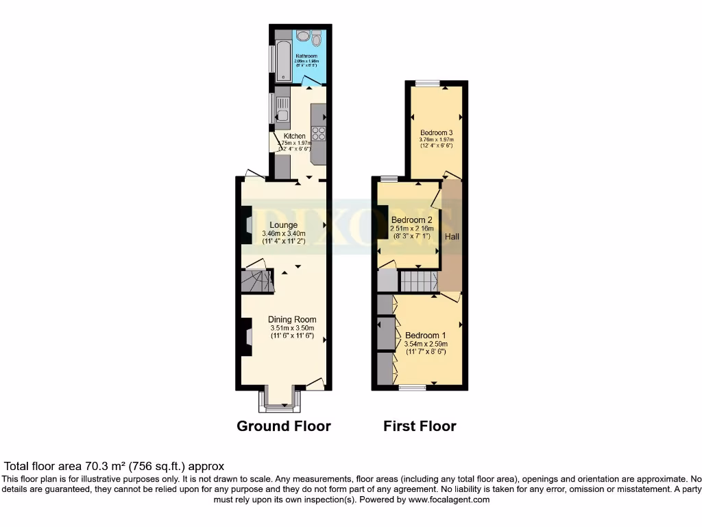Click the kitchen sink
282,110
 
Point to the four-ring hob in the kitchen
318,133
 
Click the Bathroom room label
305,56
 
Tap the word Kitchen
295,136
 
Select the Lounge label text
283,225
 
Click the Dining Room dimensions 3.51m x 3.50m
291,328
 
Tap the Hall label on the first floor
452,236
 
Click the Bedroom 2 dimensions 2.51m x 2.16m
410,229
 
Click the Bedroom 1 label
426,335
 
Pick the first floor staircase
418,281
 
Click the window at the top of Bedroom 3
427,84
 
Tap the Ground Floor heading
284,426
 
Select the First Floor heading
420,426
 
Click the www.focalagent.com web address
449,500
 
